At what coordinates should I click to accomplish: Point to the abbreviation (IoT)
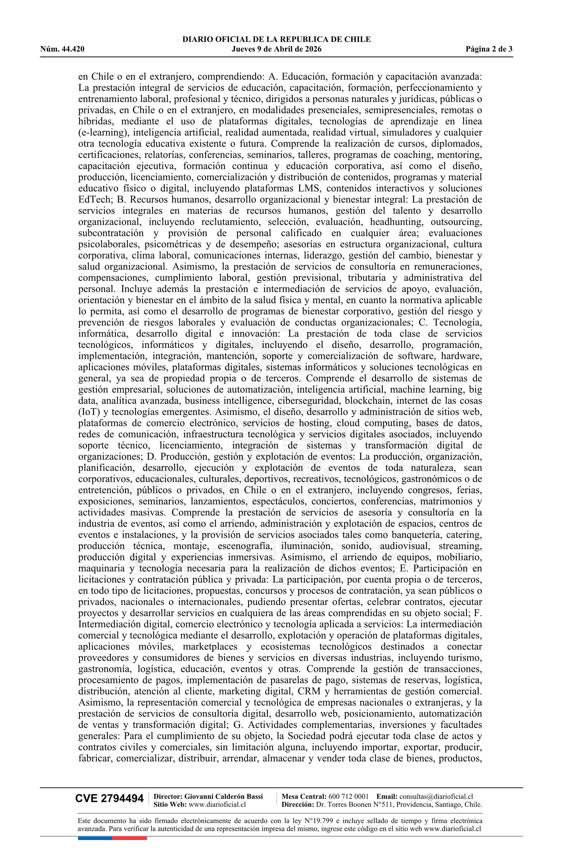[87, 412]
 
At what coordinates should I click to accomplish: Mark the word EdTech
[93, 200]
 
